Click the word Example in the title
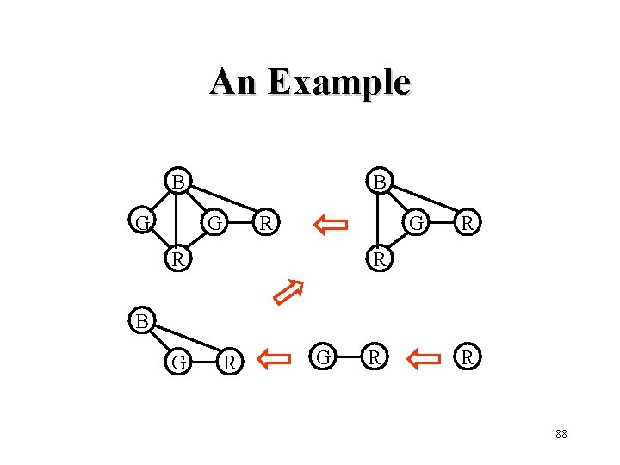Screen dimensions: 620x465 (339, 83)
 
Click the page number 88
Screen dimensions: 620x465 (561, 434)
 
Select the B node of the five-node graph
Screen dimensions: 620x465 (177, 182)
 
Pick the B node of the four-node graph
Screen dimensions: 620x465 (378, 182)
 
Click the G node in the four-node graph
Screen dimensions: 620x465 (418, 223)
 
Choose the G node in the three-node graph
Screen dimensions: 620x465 (178, 362)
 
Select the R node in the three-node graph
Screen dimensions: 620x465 (227, 362)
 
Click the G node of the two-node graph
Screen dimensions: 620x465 (324, 356)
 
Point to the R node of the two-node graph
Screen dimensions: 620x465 (373, 356)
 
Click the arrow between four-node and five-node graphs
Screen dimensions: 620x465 (331, 226)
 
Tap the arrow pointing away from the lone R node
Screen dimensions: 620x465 (422, 357)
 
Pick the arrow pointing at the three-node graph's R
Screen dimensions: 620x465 (276, 357)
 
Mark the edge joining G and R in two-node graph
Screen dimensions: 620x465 (348, 356)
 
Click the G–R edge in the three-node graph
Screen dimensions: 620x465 (202, 362)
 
